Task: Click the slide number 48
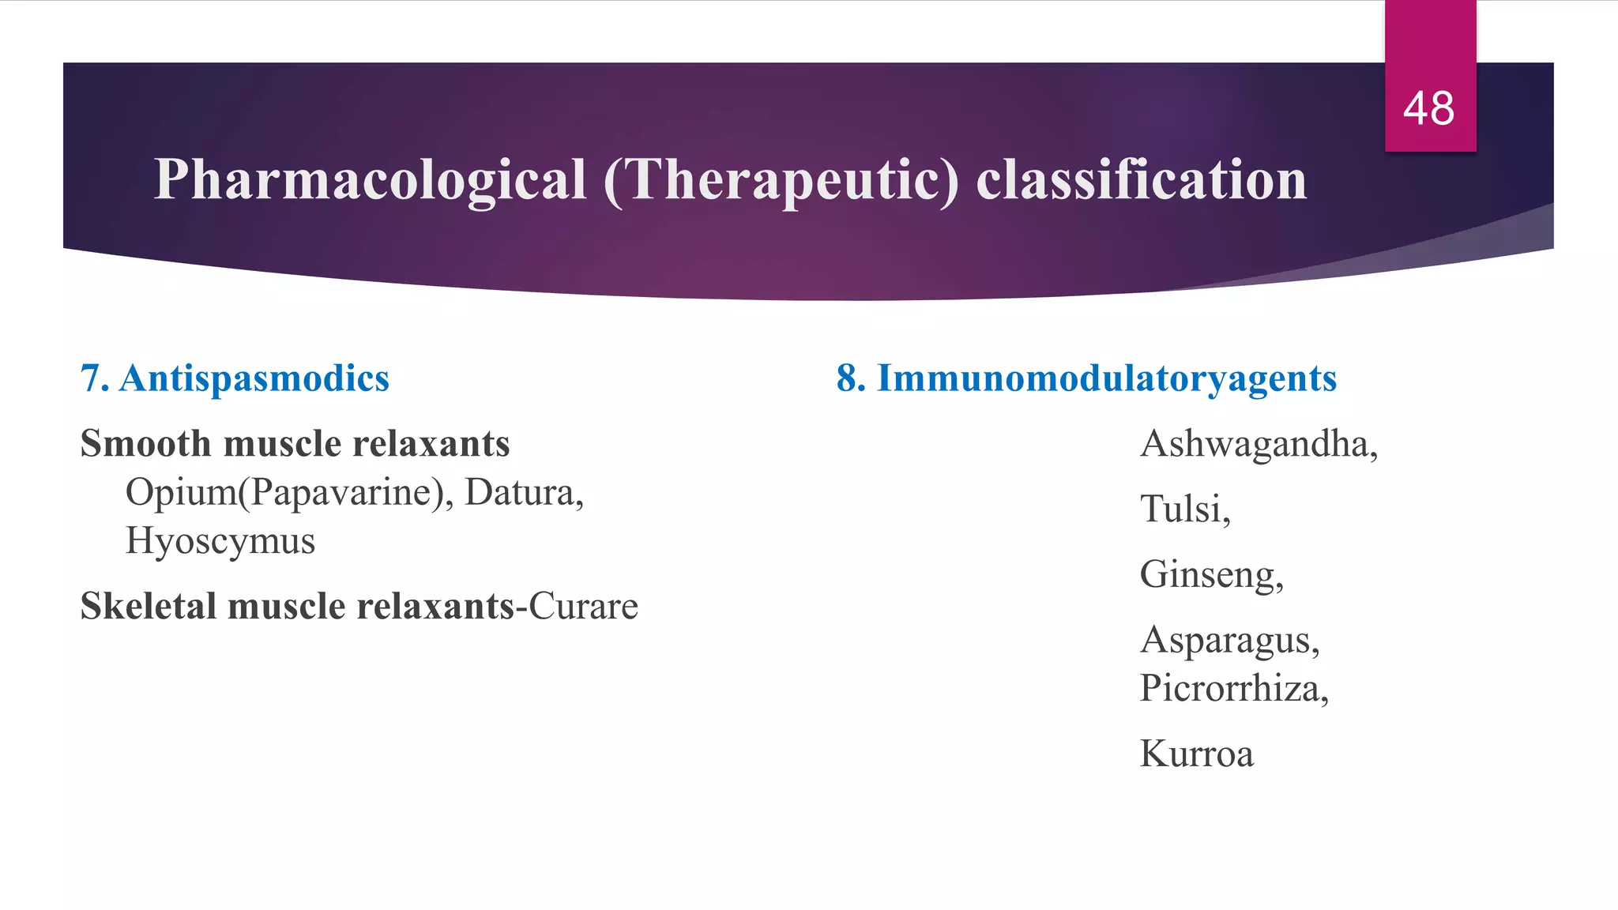tap(1428, 108)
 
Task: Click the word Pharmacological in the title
tap(370, 180)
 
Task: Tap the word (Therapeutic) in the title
tap(781, 180)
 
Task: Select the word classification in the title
tap(1141, 180)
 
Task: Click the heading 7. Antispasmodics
tap(235, 378)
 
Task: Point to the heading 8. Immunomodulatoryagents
tap(1086, 378)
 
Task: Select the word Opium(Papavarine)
tap(288, 493)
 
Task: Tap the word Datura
tap(522, 493)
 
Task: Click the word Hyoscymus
tap(220, 542)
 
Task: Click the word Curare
tap(583, 607)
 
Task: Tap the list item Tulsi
tap(1184, 509)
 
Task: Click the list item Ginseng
tap(1210, 574)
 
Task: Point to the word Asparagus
tap(1229, 640)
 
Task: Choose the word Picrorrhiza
tap(1232, 688)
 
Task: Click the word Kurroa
tap(1196, 754)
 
